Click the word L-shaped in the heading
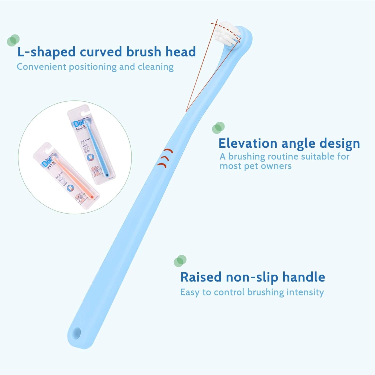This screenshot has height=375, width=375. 46,52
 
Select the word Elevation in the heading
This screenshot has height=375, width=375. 248,143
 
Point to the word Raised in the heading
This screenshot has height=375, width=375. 201,277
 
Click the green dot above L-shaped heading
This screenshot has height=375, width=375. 13,40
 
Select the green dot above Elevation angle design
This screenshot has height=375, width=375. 218,127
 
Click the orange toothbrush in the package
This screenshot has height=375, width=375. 75,177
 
